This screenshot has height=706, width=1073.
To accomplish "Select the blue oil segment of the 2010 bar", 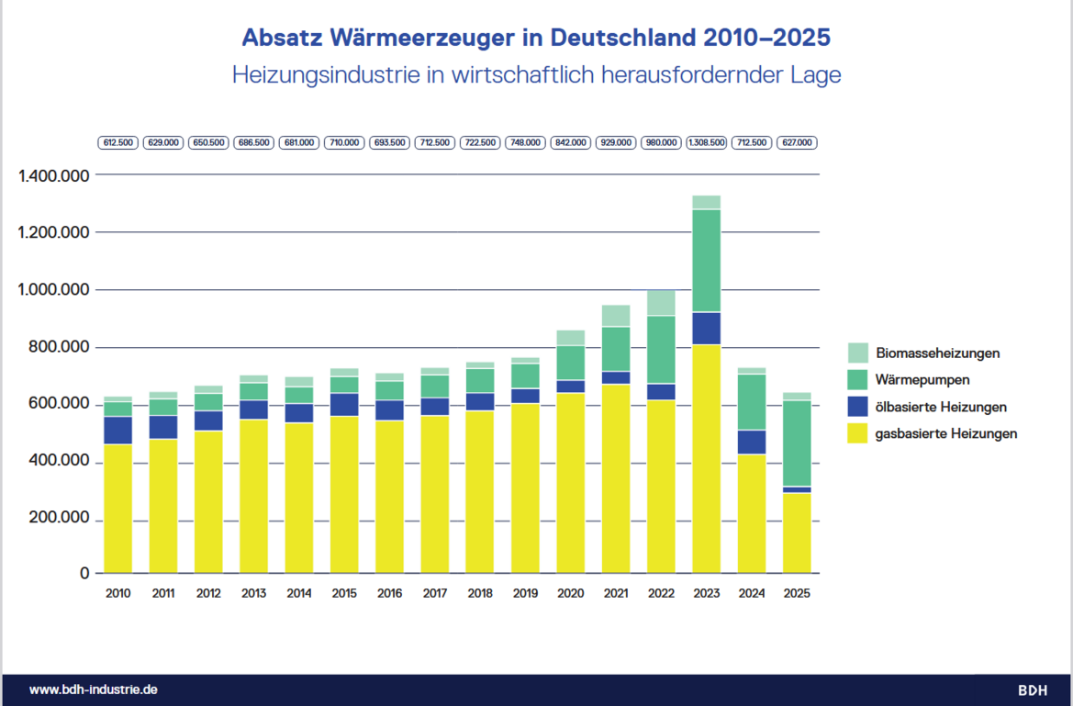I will point(117,430).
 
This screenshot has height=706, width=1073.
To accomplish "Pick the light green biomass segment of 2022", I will point(661,302).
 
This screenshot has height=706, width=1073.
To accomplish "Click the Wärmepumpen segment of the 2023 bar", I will point(706,261).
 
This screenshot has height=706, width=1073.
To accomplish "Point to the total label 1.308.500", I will point(706,143).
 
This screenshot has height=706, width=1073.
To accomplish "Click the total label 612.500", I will point(118,143).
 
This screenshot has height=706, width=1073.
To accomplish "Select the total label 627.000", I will point(796,143).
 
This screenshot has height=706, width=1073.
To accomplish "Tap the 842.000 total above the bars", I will point(570,143).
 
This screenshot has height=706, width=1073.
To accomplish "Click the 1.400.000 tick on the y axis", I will point(54,175).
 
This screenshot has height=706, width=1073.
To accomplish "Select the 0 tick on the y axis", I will point(85,574).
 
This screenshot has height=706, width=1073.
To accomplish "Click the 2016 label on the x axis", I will point(389,593).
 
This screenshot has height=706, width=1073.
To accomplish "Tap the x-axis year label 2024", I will point(751,593).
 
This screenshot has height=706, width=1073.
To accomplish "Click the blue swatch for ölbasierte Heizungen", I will point(858,407).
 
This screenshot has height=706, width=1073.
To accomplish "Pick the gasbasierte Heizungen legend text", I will point(946,433).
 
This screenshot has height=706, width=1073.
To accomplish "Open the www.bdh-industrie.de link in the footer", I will point(86,689).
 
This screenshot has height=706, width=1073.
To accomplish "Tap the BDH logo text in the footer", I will point(1032,690).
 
